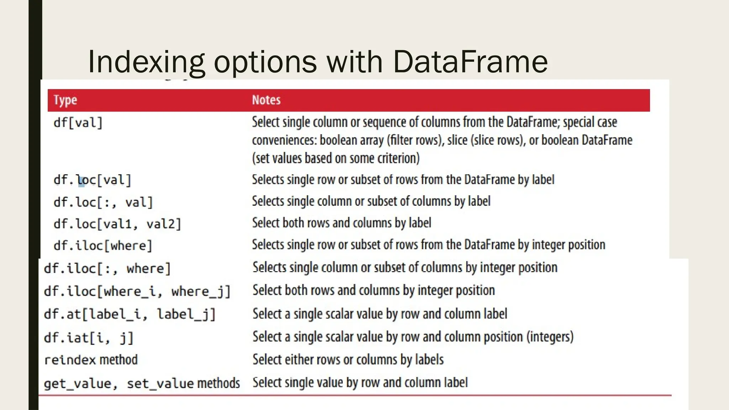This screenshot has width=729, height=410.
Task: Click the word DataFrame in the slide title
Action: point(470,61)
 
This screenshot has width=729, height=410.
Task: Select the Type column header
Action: point(65,100)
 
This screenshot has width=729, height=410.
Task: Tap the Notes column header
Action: point(266,100)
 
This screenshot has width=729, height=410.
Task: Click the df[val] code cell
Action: point(78,123)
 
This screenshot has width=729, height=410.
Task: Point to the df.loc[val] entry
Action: point(93,180)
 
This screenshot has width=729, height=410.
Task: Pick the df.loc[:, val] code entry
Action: point(103,202)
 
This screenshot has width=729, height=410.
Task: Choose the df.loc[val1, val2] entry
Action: point(117,224)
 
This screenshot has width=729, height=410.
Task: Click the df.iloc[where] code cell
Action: point(103,246)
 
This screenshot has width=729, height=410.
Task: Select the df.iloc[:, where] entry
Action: point(107,268)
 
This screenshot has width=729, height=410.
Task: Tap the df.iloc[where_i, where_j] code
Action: point(137,291)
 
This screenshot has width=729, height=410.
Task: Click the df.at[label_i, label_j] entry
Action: point(130,314)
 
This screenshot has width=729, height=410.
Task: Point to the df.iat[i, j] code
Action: point(89,337)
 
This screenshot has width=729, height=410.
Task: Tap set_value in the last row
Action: point(160,383)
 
